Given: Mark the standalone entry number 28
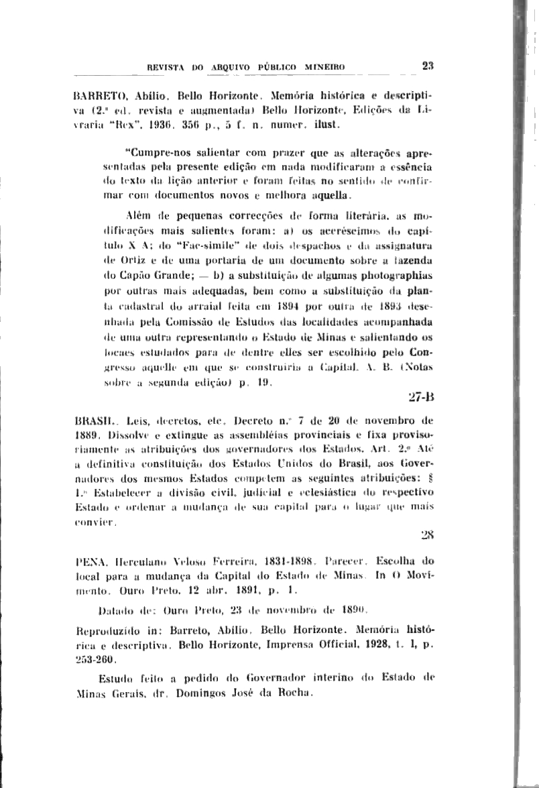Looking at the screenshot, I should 427,534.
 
